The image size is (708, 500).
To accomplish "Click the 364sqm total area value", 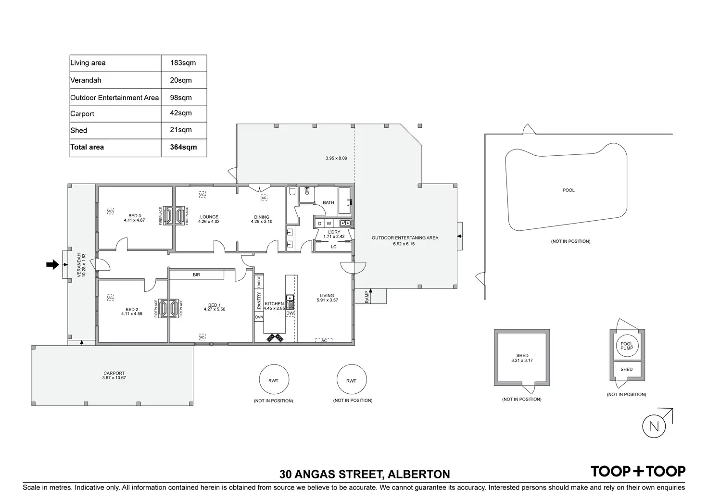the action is [x=183, y=147].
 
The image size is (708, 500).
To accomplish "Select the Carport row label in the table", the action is [x=82, y=114].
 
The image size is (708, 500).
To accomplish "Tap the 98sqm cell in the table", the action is [x=181, y=98].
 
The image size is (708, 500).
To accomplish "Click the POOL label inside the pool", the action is [x=569, y=190].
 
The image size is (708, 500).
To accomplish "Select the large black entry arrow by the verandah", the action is [x=52, y=264].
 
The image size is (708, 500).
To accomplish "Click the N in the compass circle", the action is [x=654, y=426].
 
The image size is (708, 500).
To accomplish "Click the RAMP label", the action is [x=367, y=297].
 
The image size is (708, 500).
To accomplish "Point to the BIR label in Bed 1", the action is [x=196, y=275].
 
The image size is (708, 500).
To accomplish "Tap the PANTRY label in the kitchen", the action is [x=259, y=300].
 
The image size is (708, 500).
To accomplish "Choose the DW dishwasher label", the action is [x=290, y=313].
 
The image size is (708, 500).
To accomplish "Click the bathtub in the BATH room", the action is [x=344, y=200].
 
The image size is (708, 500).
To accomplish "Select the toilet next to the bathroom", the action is [x=292, y=191].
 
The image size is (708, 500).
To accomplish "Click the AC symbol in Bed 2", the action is [x=110, y=298].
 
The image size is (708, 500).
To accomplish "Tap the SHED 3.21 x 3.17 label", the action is [x=522, y=358].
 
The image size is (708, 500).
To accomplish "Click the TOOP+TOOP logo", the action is [x=638, y=471].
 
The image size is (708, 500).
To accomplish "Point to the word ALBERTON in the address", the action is [x=419, y=475].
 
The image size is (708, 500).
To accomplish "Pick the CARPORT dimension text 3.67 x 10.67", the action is [x=114, y=378].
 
